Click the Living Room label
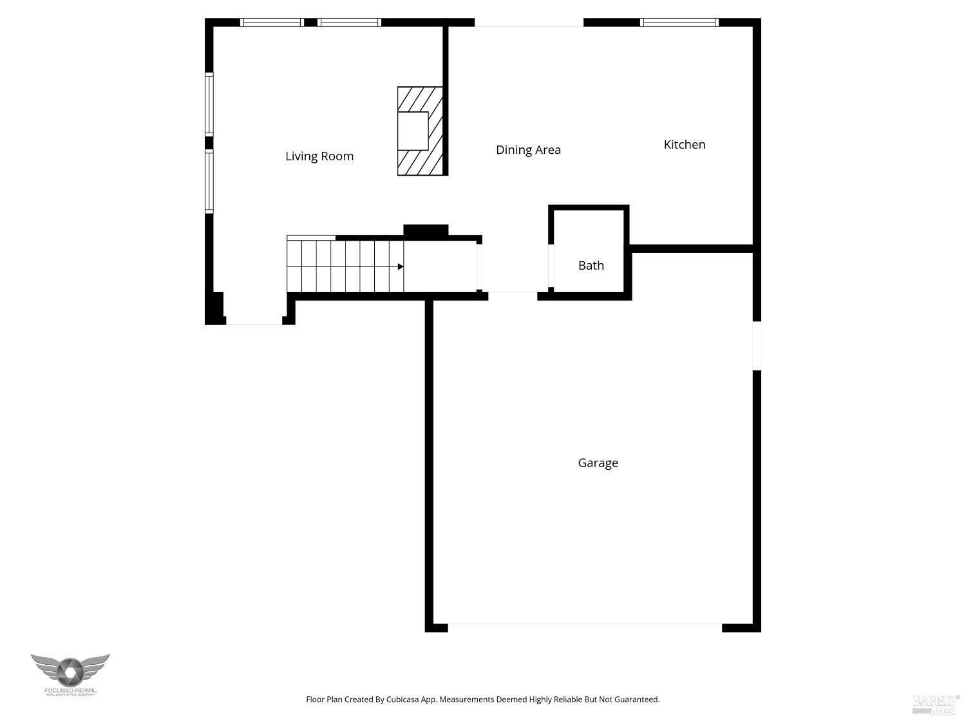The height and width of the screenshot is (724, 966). coord(319,156)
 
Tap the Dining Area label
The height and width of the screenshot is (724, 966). coord(528,150)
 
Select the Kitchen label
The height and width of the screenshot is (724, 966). coord(684,145)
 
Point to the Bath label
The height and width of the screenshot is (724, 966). coord(591,265)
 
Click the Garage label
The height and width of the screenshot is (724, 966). coord(598,463)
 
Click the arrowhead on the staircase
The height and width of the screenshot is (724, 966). coord(400,266)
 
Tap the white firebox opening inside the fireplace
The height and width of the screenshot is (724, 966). coord(413,131)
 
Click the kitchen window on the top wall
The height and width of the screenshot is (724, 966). coord(679,23)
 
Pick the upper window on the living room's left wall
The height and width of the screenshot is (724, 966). coord(209,104)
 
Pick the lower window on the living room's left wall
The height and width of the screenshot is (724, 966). coord(209,181)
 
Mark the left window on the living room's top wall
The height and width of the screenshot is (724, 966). coord(272,23)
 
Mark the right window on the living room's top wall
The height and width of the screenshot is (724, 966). coord(349,23)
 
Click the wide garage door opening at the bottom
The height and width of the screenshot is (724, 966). coord(585,625)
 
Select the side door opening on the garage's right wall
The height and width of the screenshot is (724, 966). coord(757,346)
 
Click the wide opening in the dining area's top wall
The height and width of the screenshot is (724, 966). coord(529,24)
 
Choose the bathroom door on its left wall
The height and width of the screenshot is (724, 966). coord(551,265)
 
